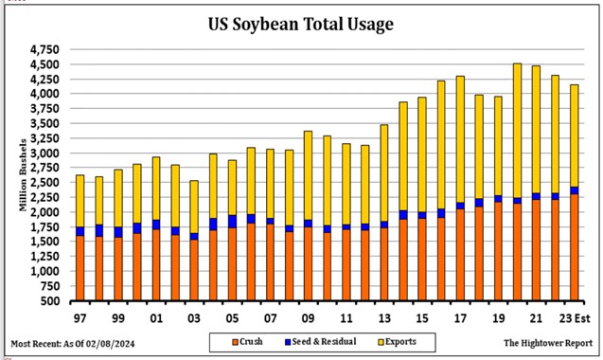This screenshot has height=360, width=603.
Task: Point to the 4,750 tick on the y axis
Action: tap(44, 49)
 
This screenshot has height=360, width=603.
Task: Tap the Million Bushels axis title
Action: tap(22, 176)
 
